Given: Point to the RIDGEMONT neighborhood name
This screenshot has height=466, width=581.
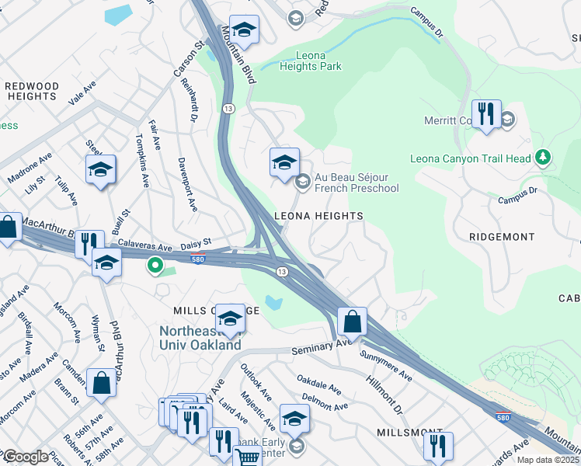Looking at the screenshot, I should point(502,236).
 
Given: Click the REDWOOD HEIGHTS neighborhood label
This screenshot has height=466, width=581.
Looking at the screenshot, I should point(31,91).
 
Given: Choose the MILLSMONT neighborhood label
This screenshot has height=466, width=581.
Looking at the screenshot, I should point(403,431).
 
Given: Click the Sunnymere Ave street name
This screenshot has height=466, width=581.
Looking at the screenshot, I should point(386,364).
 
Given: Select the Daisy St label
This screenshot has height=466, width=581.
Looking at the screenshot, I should point(196,244).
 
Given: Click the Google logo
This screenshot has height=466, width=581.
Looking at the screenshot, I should point(26,457).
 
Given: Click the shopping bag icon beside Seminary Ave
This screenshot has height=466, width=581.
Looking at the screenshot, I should point(352,320).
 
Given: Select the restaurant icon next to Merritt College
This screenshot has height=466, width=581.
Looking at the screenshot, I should point(486,114).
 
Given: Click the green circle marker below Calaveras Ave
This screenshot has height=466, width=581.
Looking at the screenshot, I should point(155,266).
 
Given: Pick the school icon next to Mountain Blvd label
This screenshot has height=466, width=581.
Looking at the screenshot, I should point(244,31).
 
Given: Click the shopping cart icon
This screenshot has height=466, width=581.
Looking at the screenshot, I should point(247,457).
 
